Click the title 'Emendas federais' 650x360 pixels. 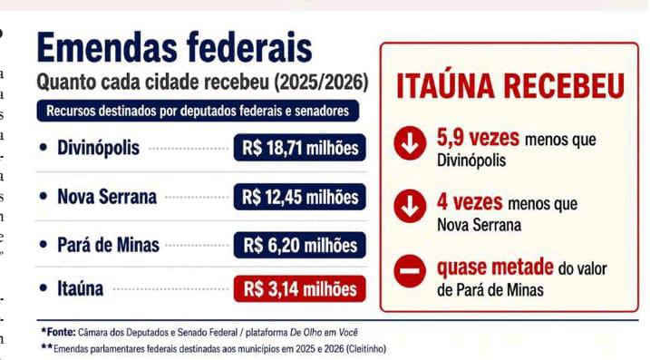tap(175, 47)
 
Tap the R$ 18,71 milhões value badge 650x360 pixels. tap(300, 148)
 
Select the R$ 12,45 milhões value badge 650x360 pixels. tap(300, 197)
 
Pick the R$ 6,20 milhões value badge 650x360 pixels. tap(300, 245)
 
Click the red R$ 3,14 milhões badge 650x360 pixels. tap(300, 288)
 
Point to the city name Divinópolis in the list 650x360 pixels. tap(98, 148)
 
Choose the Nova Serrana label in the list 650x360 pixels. tap(107, 197)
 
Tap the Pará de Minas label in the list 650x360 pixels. tap(108, 245)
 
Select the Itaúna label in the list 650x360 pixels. tap(80, 288)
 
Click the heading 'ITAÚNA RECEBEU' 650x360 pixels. tap(510, 87)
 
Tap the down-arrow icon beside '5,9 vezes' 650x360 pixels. tap(410, 143)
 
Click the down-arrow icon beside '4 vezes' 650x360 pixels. tap(410, 206)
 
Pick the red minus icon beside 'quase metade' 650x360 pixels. tap(410, 271)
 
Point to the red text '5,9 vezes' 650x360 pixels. tap(478, 138)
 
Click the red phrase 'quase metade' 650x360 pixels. tap(495, 268)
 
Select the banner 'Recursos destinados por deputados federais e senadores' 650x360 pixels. tap(198, 111)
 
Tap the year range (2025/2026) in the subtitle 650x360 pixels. tap(321, 83)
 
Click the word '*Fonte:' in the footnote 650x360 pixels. tap(58, 332)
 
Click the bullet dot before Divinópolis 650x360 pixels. tap(44, 147)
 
